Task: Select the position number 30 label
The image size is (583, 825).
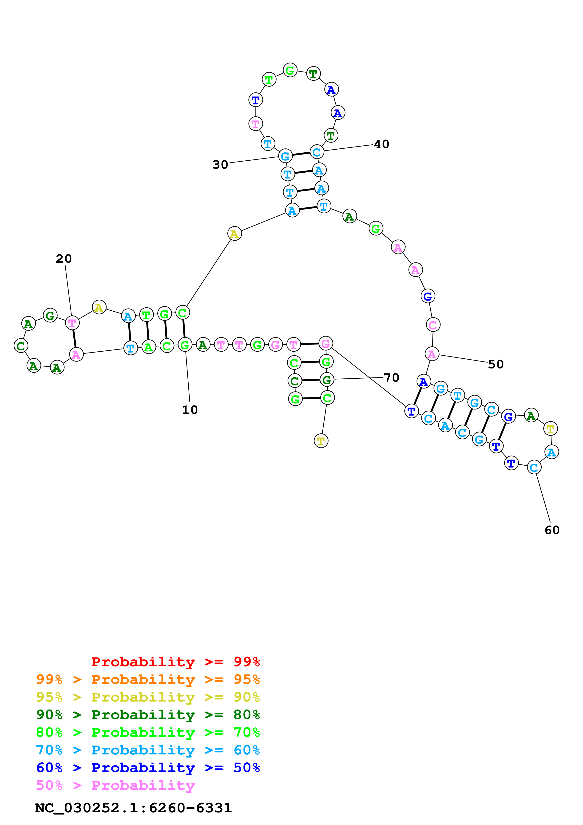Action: click(x=220, y=165)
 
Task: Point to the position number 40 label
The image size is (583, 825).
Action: click(x=381, y=144)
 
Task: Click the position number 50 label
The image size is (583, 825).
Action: click(x=496, y=364)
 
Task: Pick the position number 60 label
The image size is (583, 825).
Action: click(x=552, y=530)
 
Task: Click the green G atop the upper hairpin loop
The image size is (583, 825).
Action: click(x=290, y=70)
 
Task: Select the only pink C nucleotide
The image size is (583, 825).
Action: click(x=433, y=325)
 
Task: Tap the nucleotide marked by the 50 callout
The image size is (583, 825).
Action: click(x=432, y=354)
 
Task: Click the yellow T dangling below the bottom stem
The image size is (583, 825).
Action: click(x=321, y=441)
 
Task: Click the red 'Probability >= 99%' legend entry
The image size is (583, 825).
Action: click(x=175, y=662)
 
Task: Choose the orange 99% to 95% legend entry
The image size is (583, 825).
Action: click(x=148, y=679)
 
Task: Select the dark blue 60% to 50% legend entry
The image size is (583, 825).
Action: click(x=148, y=768)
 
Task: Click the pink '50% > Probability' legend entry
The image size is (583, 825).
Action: click(x=115, y=785)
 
